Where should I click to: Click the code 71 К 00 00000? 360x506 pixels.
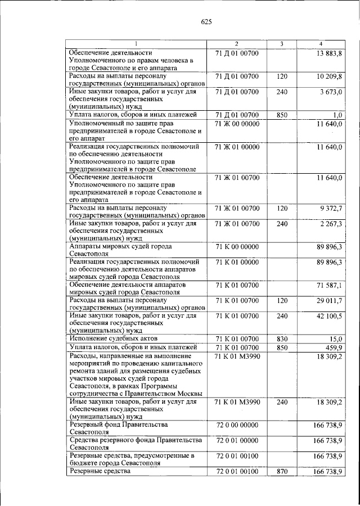coord(237,247)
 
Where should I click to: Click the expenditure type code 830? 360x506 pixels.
coord(282,339)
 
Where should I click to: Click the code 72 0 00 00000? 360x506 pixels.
coord(237,426)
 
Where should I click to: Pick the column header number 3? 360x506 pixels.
coord(282,44)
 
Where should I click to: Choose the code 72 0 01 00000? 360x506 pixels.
coord(237,441)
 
